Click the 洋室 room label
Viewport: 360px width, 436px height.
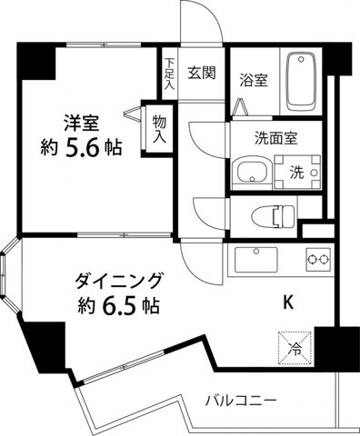81,120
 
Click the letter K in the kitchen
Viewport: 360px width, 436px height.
288,301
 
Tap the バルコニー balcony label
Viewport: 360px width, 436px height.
240,400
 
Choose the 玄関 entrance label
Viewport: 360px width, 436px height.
201,74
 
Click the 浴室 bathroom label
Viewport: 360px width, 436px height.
253,80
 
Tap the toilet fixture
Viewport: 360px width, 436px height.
274,216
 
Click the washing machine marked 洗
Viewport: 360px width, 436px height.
297,170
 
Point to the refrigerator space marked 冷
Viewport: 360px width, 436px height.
295,346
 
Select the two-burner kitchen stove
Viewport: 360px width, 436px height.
317,261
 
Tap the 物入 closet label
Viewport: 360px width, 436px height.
159,129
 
